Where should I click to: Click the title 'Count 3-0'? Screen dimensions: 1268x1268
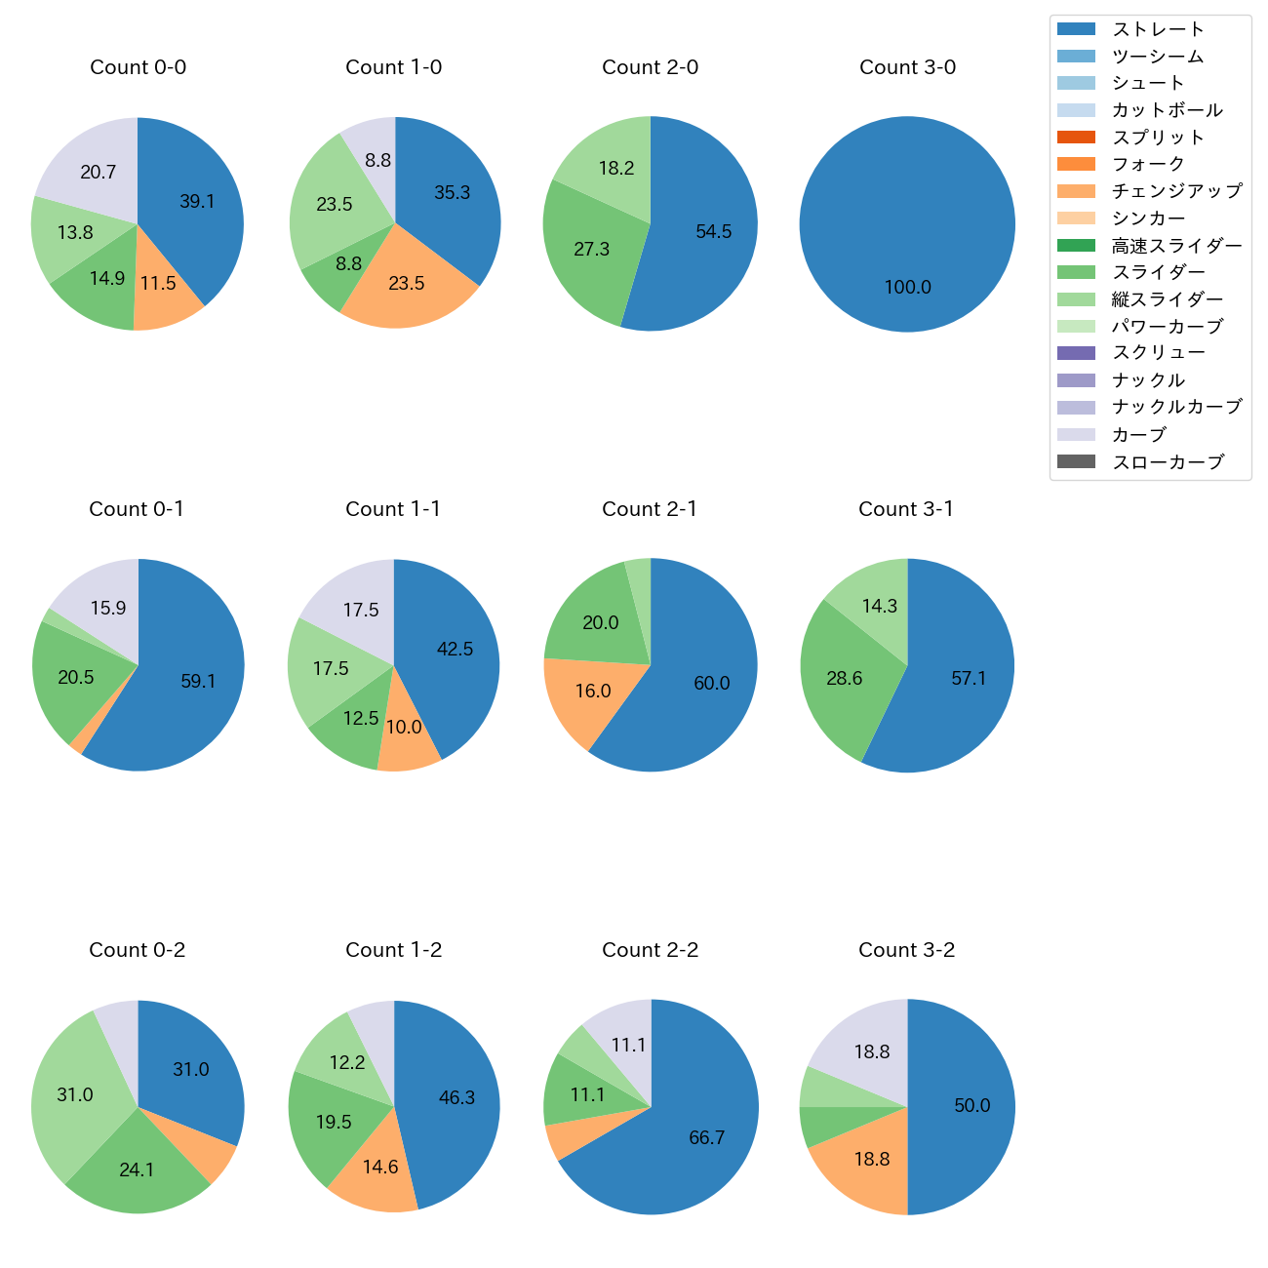pyautogui.click(x=907, y=67)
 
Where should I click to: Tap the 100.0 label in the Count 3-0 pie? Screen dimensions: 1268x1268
pyautogui.click(x=907, y=288)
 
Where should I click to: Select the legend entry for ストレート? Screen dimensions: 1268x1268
pyautogui.click(x=1158, y=29)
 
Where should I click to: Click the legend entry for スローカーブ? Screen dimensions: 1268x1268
pyautogui.click(x=1168, y=462)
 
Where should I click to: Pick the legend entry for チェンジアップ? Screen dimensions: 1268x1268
pyautogui.click(x=1176, y=191)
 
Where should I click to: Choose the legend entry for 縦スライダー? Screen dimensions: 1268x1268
pyautogui.click(x=1167, y=299)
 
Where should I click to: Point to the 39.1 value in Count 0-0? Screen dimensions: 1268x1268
pyautogui.click(x=197, y=202)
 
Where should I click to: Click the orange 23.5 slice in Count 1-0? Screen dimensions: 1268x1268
pyautogui.click(x=407, y=284)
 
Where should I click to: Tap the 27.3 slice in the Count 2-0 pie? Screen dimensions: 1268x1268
pyautogui.click(x=591, y=250)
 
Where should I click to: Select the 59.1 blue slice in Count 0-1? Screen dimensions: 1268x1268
pyautogui.click(x=198, y=682)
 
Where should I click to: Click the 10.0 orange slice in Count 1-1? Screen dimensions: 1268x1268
pyautogui.click(x=404, y=728)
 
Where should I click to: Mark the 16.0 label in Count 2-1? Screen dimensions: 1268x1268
pyautogui.click(x=592, y=692)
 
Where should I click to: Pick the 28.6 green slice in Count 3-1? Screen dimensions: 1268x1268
pyautogui.click(x=844, y=679)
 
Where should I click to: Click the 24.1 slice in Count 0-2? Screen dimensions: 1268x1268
pyautogui.click(x=137, y=1169)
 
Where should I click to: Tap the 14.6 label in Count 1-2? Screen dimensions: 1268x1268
pyautogui.click(x=380, y=1168)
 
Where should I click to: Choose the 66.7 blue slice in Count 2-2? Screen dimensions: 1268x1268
pyautogui.click(x=706, y=1138)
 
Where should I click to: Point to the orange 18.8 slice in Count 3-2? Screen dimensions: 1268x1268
pyautogui.click(x=871, y=1160)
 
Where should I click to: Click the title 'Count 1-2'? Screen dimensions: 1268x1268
pyautogui.click(x=393, y=950)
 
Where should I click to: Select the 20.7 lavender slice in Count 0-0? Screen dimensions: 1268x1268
pyautogui.click(x=98, y=173)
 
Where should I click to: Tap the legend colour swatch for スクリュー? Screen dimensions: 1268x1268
pyautogui.click(x=1076, y=353)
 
